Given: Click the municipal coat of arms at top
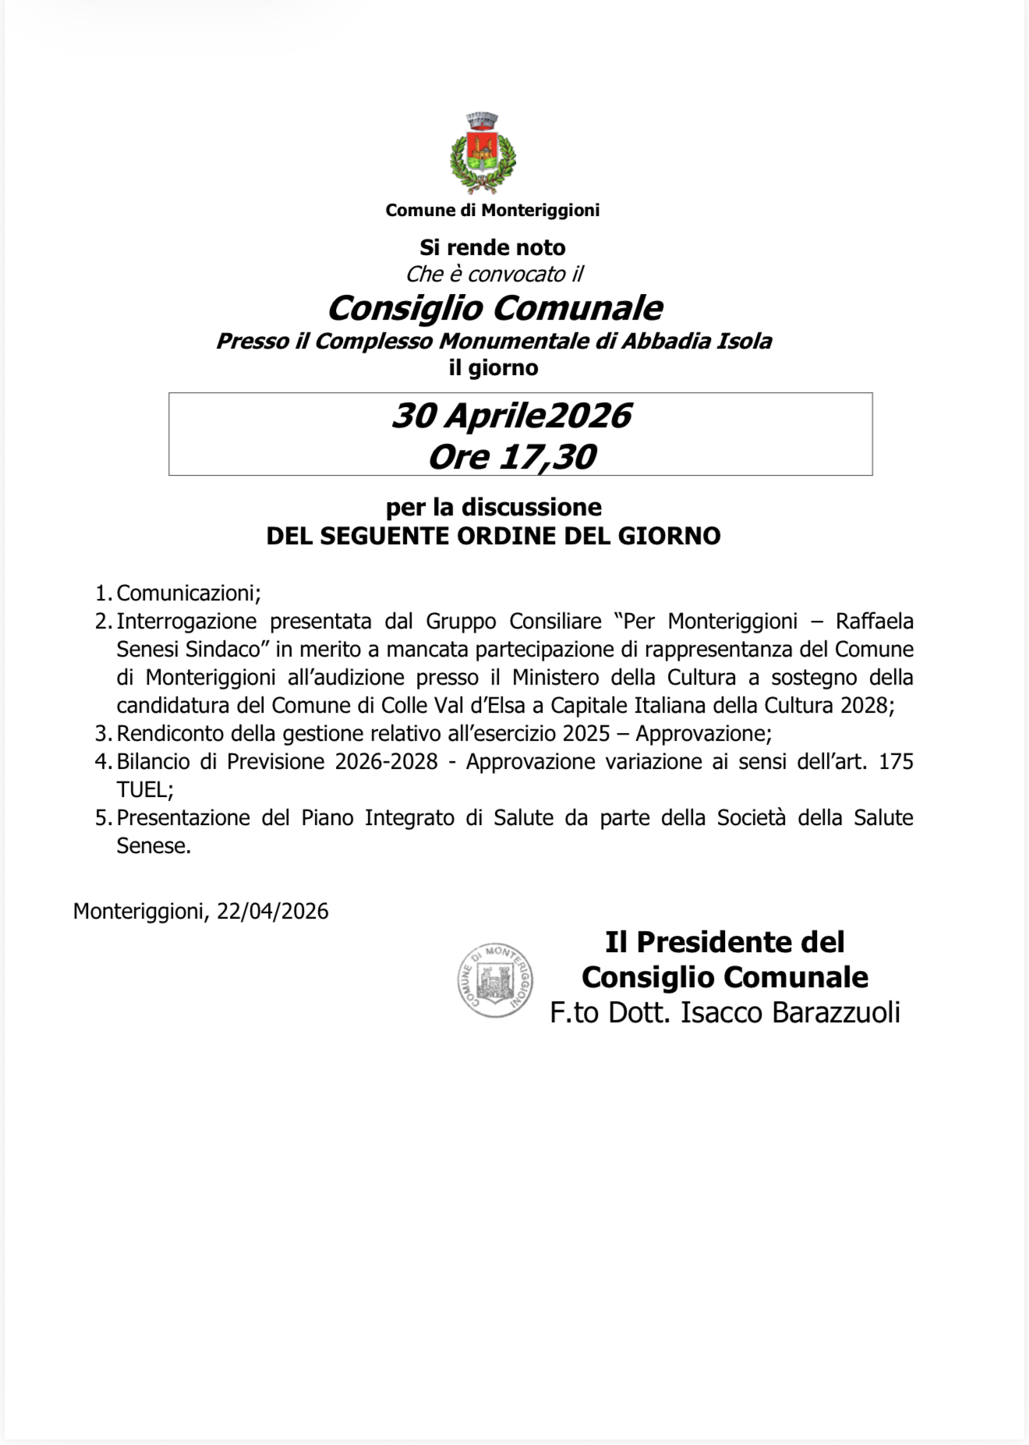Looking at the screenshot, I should [483, 153].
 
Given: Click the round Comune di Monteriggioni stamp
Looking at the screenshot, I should [495, 980].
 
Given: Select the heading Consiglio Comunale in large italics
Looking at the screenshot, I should [495, 308].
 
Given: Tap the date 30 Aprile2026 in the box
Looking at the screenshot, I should [511, 416].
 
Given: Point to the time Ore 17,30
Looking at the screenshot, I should [512, 457].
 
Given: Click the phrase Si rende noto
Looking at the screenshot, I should [493, 247].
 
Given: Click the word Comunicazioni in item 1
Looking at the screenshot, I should [187, 593].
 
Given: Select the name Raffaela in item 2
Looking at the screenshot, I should [874, 622].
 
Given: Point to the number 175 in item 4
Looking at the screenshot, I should [896, 762].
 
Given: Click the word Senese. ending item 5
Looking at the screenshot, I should [154, 846].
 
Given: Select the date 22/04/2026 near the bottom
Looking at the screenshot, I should [273, 912].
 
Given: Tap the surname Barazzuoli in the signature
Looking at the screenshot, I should [836, 1012].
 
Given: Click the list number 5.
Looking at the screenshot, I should [102, 818].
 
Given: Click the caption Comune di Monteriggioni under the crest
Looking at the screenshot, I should [493, 210].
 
